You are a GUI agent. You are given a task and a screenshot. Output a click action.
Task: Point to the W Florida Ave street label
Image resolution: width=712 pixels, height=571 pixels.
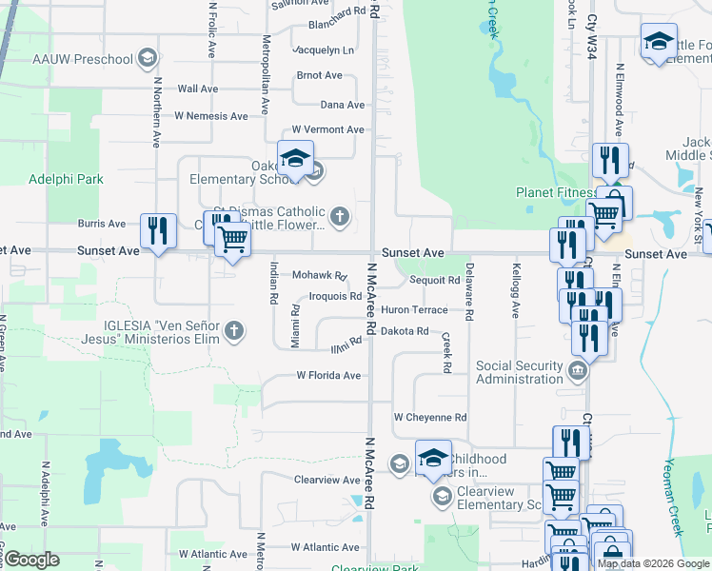328,376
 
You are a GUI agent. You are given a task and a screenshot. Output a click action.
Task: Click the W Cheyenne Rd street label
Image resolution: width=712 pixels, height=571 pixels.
430,418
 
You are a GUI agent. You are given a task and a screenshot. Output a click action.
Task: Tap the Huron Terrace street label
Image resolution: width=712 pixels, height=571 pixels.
414,310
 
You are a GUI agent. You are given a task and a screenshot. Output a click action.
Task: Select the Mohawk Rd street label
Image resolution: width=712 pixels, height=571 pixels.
319,276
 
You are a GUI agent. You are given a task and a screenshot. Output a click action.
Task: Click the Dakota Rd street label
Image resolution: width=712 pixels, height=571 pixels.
405,331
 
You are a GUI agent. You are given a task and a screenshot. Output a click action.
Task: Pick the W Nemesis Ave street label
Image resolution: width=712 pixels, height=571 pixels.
210,116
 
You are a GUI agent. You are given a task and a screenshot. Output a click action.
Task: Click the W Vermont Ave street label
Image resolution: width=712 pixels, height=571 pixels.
327,129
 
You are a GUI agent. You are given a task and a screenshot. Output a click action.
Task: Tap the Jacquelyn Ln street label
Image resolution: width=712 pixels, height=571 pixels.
325,49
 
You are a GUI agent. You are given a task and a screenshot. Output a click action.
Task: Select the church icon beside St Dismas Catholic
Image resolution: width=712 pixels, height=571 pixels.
339,218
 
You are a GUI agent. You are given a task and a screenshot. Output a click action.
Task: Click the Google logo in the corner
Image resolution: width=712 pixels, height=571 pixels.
32,560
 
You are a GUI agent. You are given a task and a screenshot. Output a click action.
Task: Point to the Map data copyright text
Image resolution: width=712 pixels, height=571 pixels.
653,563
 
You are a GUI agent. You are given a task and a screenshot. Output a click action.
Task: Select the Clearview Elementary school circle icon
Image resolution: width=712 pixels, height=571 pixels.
442,496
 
